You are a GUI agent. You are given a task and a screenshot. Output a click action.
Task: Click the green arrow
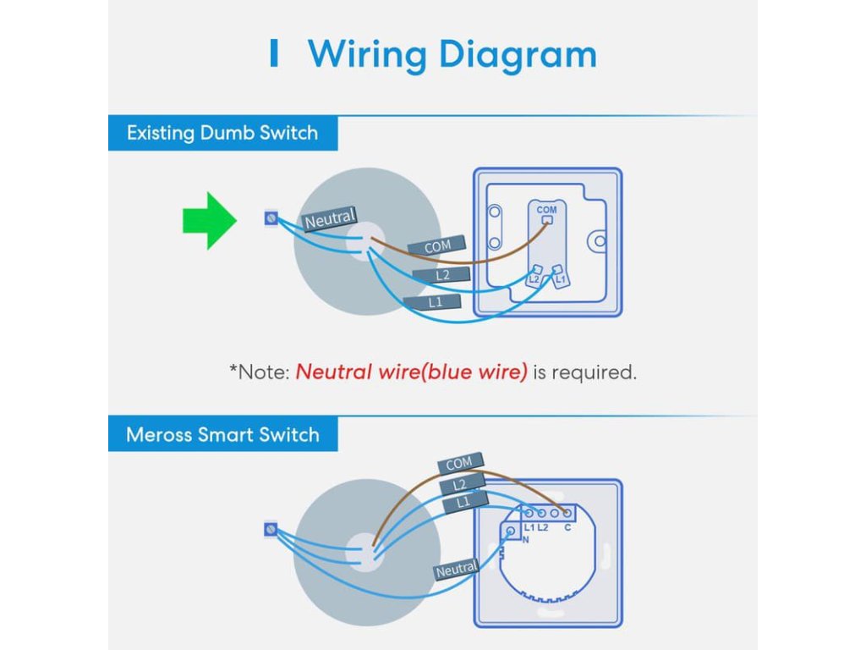(x=208, y=220)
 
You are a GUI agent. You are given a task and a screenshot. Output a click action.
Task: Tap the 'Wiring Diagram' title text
(x=452, y=54)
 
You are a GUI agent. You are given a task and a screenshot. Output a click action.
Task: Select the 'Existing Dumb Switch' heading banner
(x=222, y=133)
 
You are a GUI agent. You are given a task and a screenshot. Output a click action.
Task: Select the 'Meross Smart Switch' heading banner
(x=222, y=435)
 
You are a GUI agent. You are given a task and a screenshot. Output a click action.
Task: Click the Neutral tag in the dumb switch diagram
(x=330, y=220)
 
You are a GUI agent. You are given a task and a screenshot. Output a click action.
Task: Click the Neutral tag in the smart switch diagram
(x=457, y=570)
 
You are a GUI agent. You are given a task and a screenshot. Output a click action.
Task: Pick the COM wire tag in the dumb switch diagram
(x=438, y=246)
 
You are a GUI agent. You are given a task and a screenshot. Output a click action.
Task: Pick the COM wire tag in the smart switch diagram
(x=459, y=464)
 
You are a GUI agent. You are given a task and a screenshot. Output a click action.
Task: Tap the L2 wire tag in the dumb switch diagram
(x=441, y=275)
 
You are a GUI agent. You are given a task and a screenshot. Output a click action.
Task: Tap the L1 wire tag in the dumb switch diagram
(x=434, y=302)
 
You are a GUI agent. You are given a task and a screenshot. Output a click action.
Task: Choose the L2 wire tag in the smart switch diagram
(x=461, y=485)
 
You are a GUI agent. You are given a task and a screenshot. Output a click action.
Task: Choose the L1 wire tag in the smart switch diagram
(x=463, y=503)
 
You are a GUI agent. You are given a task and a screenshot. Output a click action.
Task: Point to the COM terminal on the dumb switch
(x=546, y=219)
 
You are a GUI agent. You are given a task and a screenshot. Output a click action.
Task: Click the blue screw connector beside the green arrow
(x=270, y=219)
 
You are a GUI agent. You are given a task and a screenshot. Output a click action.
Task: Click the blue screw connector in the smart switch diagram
(x=271, y=530)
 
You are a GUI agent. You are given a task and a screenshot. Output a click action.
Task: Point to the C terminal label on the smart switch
(x=567, y=527)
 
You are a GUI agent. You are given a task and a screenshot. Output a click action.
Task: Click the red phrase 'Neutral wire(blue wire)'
(x=411, y=372)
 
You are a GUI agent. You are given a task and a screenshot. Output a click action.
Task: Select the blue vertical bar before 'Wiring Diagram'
(x=272, y=54)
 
